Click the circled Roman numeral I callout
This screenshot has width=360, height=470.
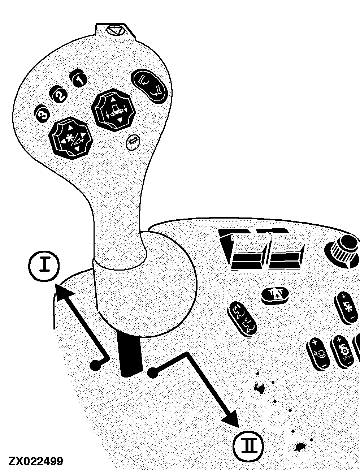pos(44,266)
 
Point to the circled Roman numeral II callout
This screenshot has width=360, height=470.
pos(248,446)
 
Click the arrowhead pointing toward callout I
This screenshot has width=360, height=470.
pos(63,292)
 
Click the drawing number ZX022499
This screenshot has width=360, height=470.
pos(36,461)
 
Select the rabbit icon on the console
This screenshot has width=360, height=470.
pos(259,388)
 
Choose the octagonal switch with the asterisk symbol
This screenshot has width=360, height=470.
pos(71,138)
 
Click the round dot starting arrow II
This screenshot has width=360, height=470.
pos(152,373)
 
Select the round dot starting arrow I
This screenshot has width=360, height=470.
pos(96,365)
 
